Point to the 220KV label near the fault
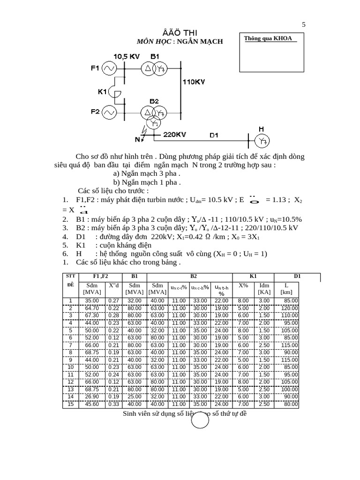point(174,135)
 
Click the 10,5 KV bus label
point(126,56)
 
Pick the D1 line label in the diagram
point(214,135)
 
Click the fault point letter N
point(138,139)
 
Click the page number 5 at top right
point(304,25)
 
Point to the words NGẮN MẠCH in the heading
point(200,42)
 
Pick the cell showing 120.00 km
point(288,308)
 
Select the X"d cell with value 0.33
point(113,405)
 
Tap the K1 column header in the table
point(253,276)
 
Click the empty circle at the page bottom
point(201,421)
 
